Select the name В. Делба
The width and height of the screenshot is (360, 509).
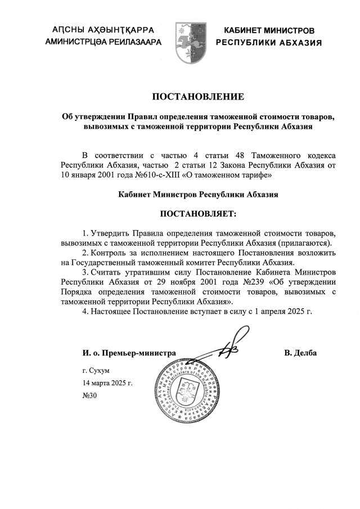tap(300, 353)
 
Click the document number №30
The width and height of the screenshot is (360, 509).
tap(90, 395)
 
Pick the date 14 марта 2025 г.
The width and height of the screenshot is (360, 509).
tap(107, 383)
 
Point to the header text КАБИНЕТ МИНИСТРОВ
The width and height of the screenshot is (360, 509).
tap(269, 30)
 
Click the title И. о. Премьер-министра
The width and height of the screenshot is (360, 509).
tap(129, 353)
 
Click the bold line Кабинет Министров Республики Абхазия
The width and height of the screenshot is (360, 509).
tap(199, 195)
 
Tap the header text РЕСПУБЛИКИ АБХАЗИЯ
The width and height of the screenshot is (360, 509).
tap(269, 43)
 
